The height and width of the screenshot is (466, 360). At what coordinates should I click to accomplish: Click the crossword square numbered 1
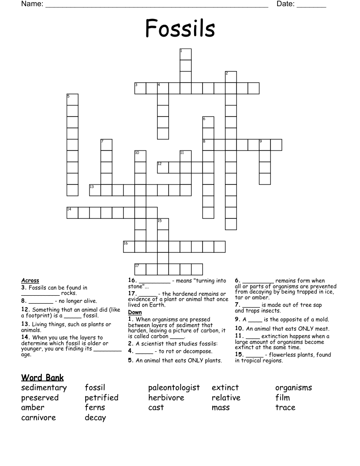click(x=185, y=54)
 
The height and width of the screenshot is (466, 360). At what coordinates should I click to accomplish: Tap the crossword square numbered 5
click(x=72, y=99)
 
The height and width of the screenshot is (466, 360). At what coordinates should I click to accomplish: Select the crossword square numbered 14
click(x=72, y=212)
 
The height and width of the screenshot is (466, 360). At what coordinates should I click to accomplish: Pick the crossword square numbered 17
click(x=140, y=269)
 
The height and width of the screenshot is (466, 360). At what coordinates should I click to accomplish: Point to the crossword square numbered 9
click(x=264, y=145)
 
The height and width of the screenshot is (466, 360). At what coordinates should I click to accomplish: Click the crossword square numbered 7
click(x=106, y=145)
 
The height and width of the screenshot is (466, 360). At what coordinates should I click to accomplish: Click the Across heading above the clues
click(x=30, y=281)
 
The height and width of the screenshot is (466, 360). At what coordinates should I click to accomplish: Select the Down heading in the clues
click(x=135, y=312)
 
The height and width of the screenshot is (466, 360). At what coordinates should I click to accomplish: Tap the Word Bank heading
click(x=42, y=378)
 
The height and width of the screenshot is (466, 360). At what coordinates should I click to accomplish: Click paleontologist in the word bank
click(x=174, y=388)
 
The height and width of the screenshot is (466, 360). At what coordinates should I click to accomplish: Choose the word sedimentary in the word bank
click(x=44, y=388)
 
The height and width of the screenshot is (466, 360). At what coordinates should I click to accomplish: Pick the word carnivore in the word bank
click(x=38, y=417)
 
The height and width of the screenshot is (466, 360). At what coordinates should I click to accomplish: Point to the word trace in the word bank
click(x=285, y=407)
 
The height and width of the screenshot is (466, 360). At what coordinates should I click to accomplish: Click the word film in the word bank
click(x=282, y=398)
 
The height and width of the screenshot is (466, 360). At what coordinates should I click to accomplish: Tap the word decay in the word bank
click(x=95, y=417)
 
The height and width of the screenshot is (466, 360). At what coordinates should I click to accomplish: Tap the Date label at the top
click(x=285, y=4)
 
